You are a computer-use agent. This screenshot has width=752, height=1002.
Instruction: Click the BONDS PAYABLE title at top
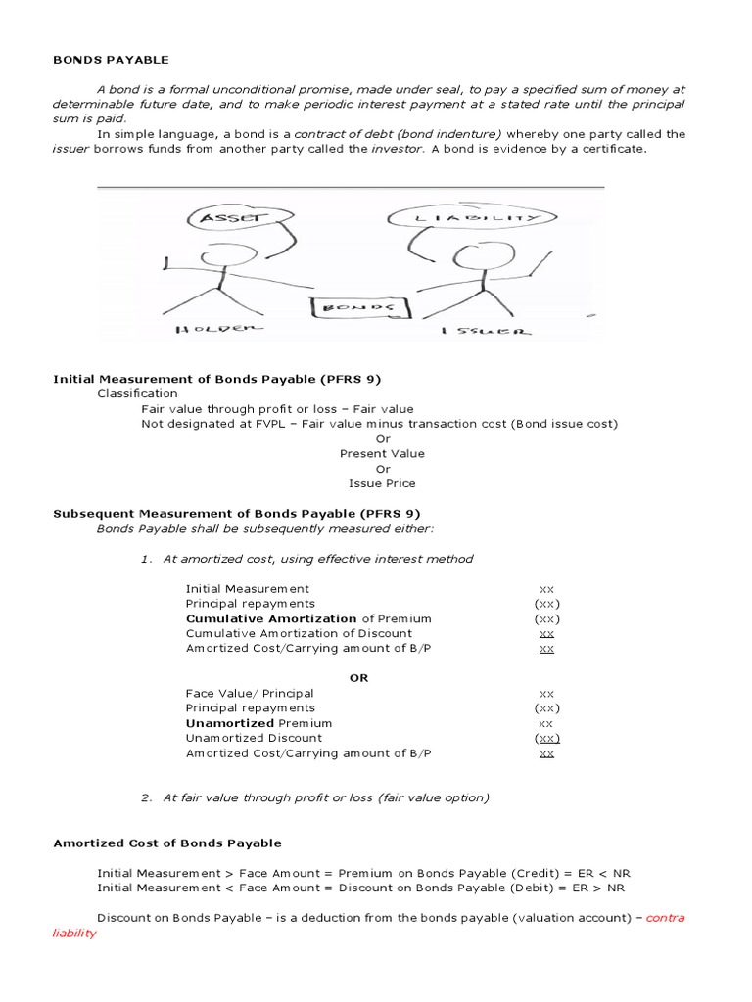point(111,60)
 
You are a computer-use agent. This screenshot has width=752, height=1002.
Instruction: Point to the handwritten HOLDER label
point(217,330)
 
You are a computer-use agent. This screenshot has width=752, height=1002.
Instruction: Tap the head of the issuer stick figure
point(475,257)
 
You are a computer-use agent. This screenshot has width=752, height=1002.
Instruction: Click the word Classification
point(137,393)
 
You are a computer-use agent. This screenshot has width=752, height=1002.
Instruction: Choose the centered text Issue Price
point(382,483)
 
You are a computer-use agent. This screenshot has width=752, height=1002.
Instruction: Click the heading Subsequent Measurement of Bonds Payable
point(236,513)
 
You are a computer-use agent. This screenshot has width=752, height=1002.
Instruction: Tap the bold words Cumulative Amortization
point(271,618)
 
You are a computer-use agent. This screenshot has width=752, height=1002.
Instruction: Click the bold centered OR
point(358,678)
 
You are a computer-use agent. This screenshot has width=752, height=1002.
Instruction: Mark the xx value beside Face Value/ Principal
point(546,693)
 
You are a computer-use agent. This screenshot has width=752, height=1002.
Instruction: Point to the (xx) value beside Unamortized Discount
point(546,738)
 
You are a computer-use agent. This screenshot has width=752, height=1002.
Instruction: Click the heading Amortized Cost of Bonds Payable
point(166,843)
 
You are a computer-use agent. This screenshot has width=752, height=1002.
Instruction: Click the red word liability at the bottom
point(74,934)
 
